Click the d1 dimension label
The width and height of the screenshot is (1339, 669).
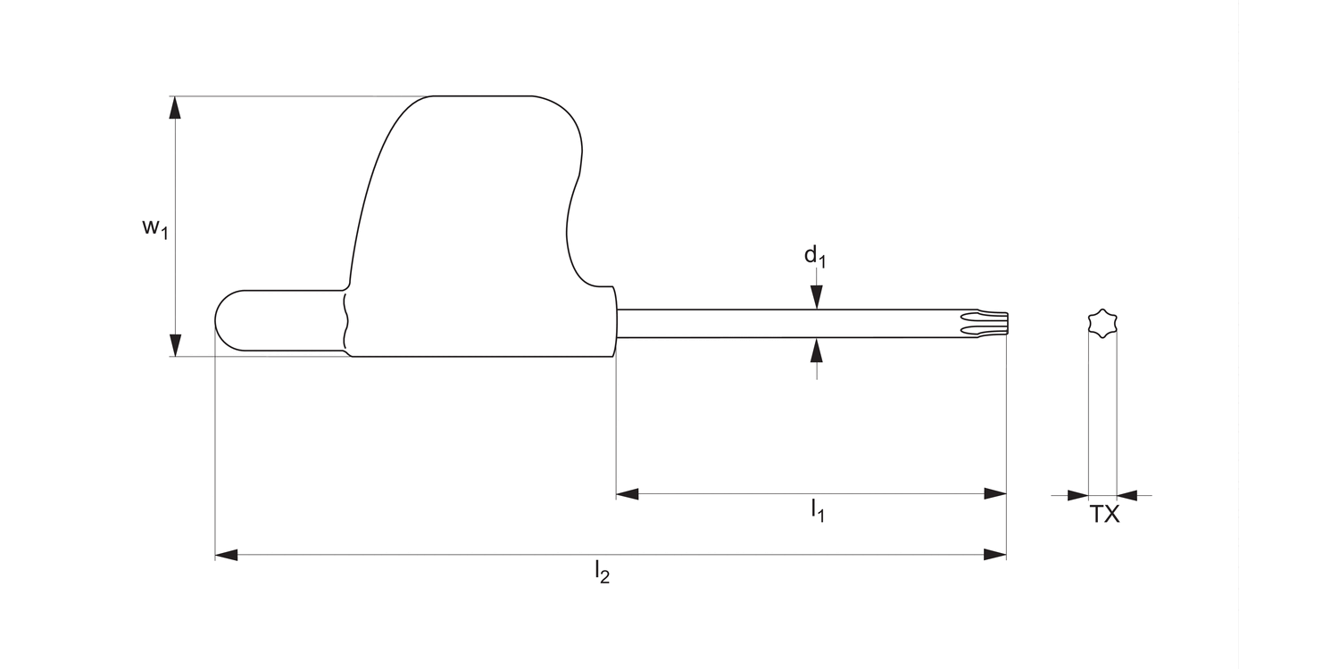point(815,257)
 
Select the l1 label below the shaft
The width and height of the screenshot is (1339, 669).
point(817,511)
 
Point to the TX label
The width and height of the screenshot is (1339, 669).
point(1104,515)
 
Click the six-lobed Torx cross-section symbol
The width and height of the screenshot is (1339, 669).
point(1102,323)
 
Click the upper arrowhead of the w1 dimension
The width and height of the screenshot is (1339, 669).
point(176,107)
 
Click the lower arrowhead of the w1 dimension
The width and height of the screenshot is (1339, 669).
point(176,345)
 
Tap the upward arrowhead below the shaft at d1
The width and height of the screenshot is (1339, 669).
point(815,350)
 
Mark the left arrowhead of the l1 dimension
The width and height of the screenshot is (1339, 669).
point(628,494)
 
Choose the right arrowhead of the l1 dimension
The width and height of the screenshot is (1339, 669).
point(994,494)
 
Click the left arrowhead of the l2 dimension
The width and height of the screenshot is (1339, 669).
point(227,555)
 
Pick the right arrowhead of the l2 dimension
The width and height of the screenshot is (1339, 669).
point(994,555)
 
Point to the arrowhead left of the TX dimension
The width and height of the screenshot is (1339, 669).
point(1077,495)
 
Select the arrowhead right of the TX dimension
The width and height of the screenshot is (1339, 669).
point(1127,495)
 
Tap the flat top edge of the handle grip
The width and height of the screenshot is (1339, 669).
point(482,96)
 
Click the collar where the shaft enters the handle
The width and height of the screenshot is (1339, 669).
point(614,322)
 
